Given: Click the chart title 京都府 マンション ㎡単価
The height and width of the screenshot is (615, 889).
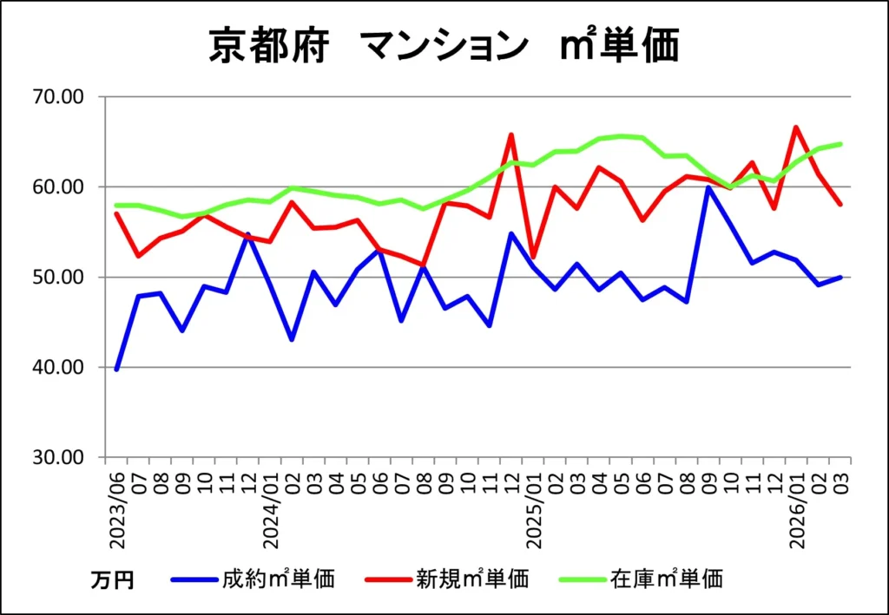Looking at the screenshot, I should pos(444,46).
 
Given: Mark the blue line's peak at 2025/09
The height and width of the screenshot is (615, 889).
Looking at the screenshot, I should pos(708,187).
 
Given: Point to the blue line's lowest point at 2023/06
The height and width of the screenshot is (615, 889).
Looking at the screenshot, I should pos(116,370).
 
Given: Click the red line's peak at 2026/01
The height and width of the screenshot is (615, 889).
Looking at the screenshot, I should pos(796,128).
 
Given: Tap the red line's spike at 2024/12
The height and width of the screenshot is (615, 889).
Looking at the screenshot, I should pos(511,134).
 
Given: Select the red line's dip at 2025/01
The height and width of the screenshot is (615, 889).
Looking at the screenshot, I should pos(533,258).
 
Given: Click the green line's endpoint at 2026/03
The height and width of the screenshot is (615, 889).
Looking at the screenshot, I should pos(840,144).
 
